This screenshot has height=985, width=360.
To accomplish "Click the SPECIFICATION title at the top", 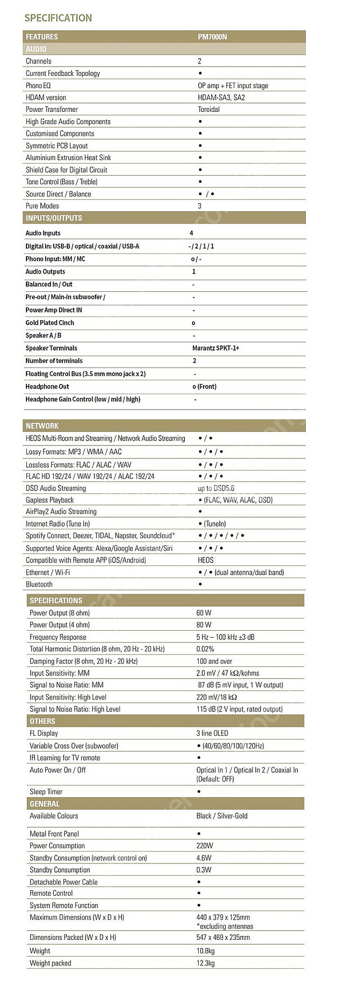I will point(58,18).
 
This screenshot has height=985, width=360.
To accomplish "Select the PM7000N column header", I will point(212,37).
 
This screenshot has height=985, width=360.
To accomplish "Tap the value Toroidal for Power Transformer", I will point(209,109).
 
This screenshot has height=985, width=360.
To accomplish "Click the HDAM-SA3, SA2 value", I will point(221,97).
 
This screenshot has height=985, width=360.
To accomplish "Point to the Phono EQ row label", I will point(38,85).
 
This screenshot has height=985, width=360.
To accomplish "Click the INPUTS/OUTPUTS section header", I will point(54,218).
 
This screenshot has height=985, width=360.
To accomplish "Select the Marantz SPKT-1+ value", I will point(216,348).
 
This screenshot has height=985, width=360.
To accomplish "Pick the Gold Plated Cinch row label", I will point(50,323).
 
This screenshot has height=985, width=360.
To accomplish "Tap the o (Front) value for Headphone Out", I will point(204,386).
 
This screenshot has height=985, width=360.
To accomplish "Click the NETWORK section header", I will point(42,426).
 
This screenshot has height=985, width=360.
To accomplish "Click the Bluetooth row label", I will point(39,584).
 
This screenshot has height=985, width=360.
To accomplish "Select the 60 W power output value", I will point(204,613).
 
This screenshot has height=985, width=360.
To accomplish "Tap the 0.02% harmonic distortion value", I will point(205,649).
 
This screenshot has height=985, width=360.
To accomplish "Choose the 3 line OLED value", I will point(212,733).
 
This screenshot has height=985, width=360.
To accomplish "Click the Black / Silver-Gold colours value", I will point(222,816).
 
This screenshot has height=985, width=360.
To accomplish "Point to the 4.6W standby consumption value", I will point(204,858).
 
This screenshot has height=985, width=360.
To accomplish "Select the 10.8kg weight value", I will point(205,950).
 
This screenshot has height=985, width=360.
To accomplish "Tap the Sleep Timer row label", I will point(46,792).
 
